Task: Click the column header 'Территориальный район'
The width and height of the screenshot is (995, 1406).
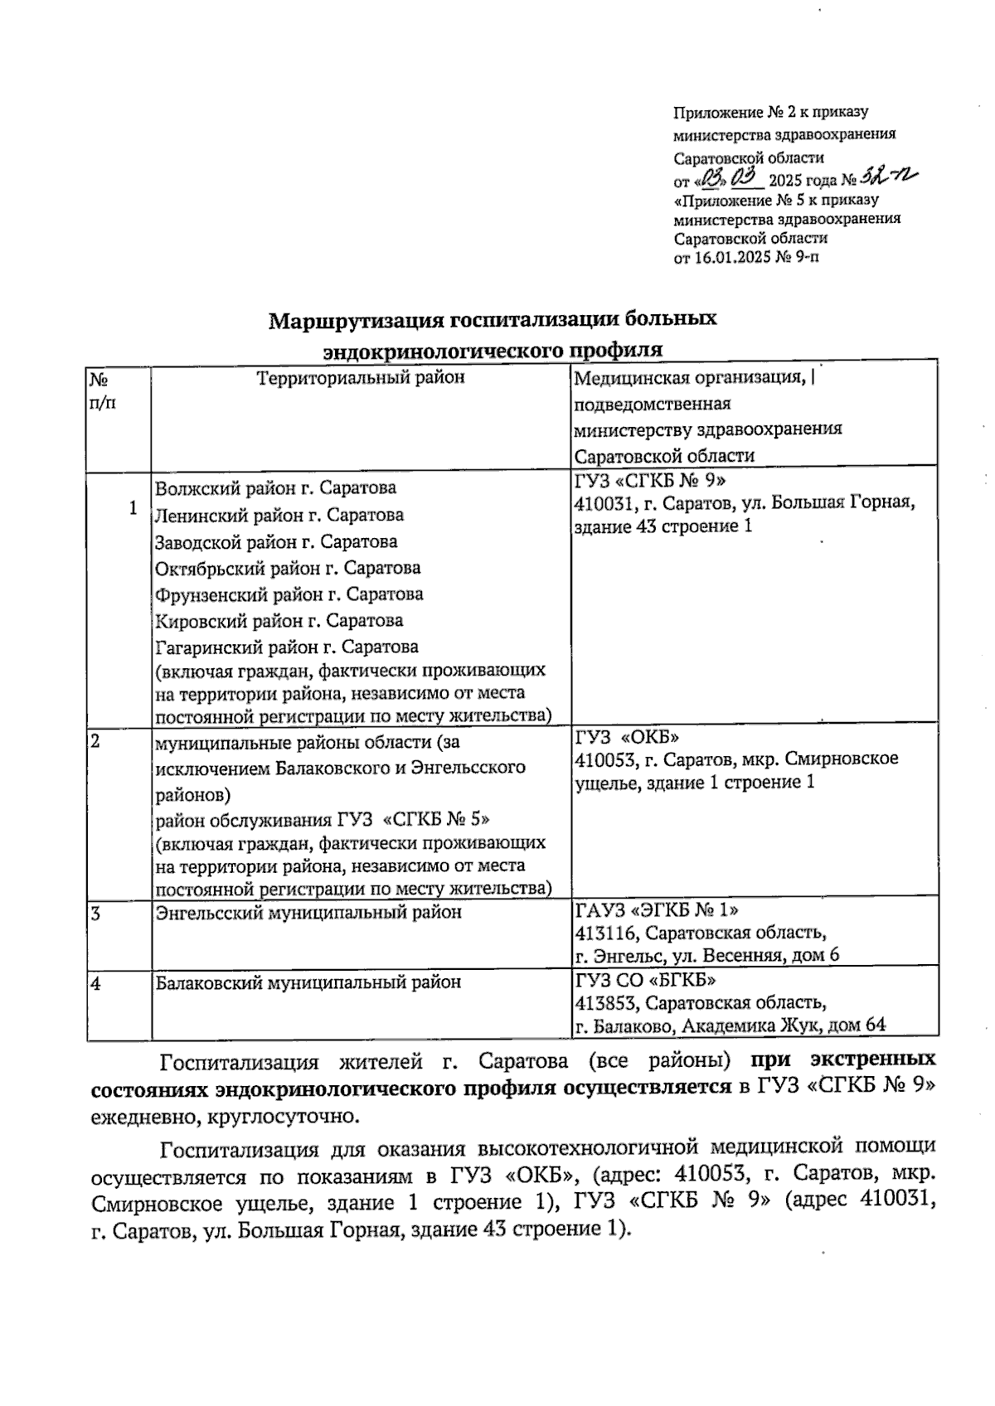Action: coord(361,378)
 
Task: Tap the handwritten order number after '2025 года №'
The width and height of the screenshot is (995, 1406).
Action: coord(888,177)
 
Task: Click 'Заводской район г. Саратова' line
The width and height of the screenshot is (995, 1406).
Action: coord(277,541)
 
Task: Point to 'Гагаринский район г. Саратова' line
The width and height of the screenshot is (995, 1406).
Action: coord(288,646)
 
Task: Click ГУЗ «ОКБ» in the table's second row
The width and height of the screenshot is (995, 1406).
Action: coord(628,736)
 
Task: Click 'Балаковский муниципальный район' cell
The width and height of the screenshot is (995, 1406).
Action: coord(308,982)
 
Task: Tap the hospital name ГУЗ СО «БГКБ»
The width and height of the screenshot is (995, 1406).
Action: coord(645,981)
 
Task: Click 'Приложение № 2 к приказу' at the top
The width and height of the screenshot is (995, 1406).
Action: coord(770,111)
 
